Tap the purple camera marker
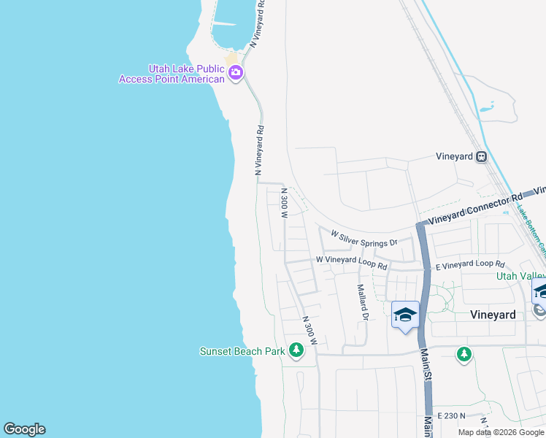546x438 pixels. click(x=236, y=72)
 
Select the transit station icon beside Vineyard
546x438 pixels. click(x=482, y=156)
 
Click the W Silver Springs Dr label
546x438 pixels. click(x=364, y=239)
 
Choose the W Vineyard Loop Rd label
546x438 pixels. click(x=351, y=262)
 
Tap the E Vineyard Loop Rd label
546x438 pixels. click(x=470, y=264)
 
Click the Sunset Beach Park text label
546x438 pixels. click(x=242, y=351)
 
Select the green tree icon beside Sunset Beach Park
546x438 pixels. click(x=296, y=351)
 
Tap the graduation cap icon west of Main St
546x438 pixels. click(x=405, y=315)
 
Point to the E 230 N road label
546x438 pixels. click(x=451, y=415)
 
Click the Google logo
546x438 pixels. click(x=24, y=429)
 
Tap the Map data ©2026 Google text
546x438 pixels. click(x=501, y=432)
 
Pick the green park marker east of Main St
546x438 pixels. click(x=464, y=355)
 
